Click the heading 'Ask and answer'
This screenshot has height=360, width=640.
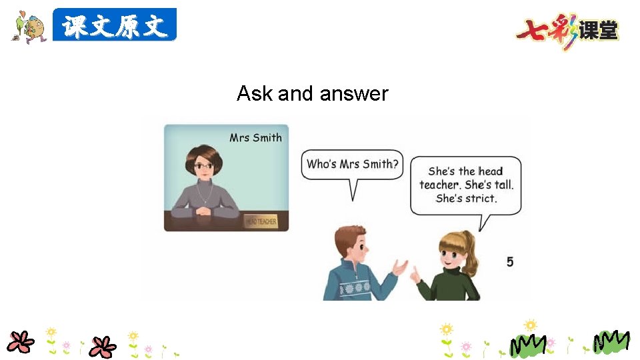312,93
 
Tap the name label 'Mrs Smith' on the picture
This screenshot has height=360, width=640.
255,138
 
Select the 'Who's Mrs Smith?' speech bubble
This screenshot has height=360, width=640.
353,165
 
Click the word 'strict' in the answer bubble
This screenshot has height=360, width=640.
481,198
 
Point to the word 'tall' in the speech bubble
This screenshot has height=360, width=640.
501,185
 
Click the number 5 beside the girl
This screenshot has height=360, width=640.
510,262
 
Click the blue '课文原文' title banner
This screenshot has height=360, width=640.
115,26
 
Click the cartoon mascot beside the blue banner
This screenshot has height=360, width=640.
28,27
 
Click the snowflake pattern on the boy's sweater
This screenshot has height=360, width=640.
357,287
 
